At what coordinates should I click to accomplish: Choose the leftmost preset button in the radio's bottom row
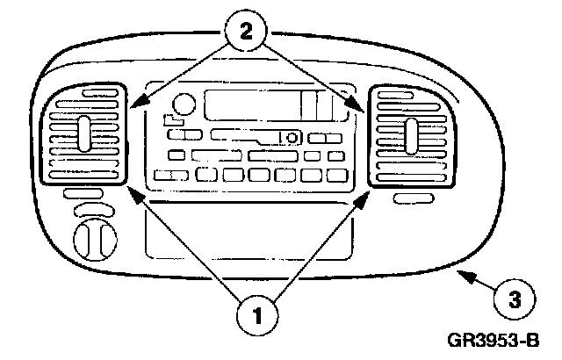pos(165,175)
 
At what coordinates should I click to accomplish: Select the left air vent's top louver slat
pos(84,95)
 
